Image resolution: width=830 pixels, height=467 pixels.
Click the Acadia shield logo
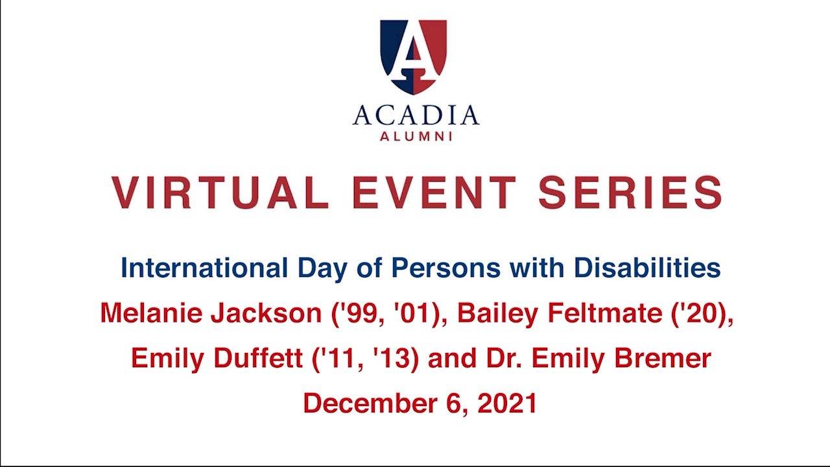(414, 57)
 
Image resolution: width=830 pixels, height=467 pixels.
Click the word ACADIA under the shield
(416, 115)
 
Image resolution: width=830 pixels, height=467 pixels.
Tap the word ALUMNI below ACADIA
(416, 136)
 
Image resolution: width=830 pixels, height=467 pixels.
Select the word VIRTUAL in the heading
(220, 193)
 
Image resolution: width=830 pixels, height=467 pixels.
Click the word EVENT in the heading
(434, 193)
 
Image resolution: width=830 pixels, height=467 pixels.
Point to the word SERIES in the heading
(630, 193)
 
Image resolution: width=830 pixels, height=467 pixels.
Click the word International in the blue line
(204, 268)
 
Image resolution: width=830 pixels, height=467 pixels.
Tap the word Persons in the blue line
(446, 268)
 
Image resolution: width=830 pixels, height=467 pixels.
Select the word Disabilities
(647, 268)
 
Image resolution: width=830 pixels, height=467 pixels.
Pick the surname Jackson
(267, 313)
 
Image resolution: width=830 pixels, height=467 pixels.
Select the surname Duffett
(258, 359)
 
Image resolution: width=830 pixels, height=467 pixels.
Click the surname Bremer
(663, 359)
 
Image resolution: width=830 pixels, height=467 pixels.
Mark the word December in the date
(370, 403)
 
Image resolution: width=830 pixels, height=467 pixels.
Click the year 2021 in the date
(507, 403)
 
